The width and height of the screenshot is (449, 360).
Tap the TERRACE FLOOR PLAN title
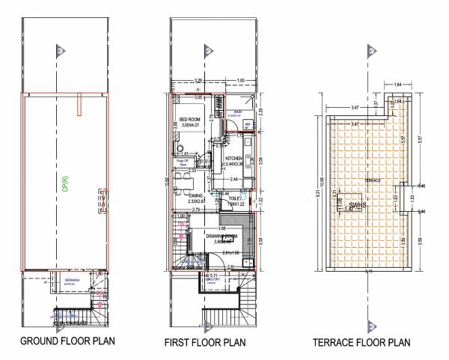(361, 344)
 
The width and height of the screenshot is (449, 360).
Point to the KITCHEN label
(230, 158)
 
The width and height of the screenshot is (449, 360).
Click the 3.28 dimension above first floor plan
(198, 79)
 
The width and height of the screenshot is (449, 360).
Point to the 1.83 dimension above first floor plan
(241, 79)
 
